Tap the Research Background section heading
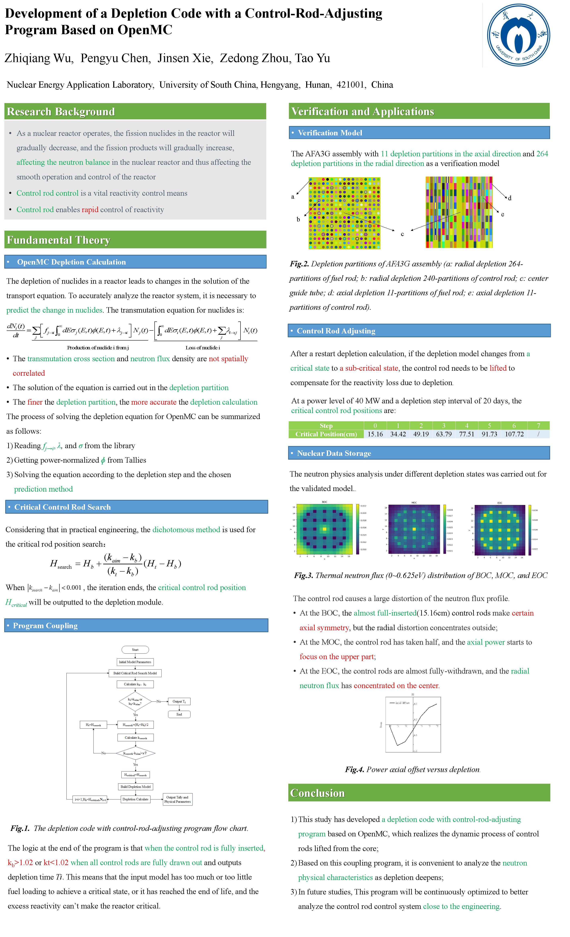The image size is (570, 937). click(61, 111)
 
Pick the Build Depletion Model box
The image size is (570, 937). click(136, 786)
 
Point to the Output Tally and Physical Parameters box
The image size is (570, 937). click(177, 799)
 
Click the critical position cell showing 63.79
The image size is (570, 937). click(444, 434)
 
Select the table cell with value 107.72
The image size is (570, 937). click(514, 434)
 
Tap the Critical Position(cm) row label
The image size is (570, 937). click(326, 434)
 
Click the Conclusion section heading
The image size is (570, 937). click(317, 793)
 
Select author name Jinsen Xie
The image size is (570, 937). click(186, 58)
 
